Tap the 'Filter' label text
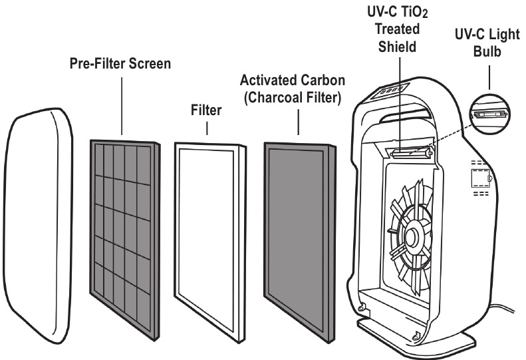coord(206,109)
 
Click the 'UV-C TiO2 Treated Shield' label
coord(398,29)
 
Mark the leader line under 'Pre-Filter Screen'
coord(122,106)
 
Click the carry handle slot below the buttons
coord(406,118)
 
